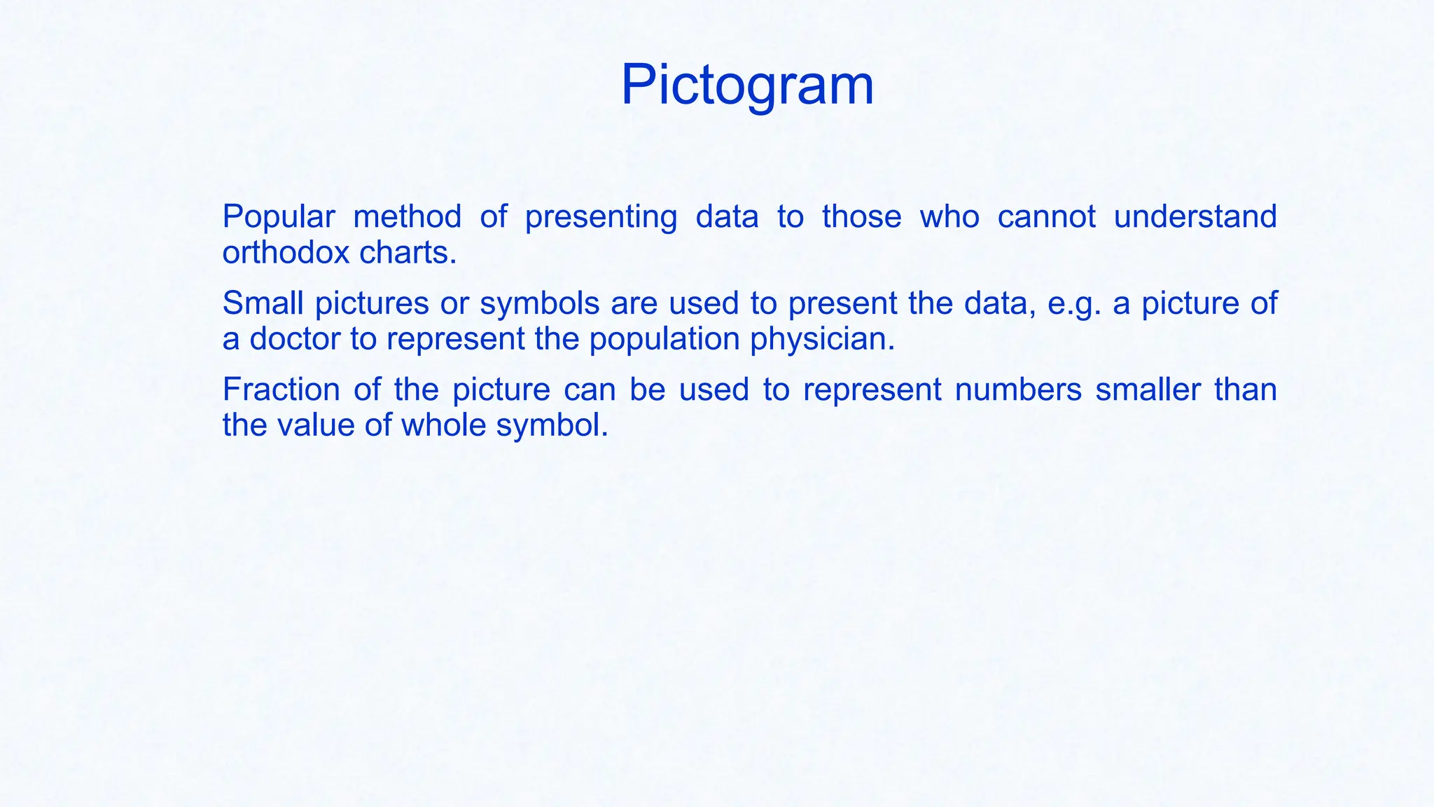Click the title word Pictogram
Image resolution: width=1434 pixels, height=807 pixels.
click(x=747, y=85)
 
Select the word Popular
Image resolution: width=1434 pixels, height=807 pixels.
click(x=279, y=217)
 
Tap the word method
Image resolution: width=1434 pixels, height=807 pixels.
click(x=407, y=216)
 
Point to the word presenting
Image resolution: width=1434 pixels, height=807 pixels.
click(x=601, y=218)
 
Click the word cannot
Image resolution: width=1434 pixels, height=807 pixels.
click(x=1046, y=216)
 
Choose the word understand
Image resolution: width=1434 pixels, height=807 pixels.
click(x=1195, y=216)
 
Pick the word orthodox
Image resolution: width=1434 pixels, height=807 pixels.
click(x=286, y=252)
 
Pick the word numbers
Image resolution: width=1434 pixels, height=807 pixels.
click(x=1018, y=389)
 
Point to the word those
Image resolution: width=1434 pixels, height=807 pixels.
click(x=861, y=216)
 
